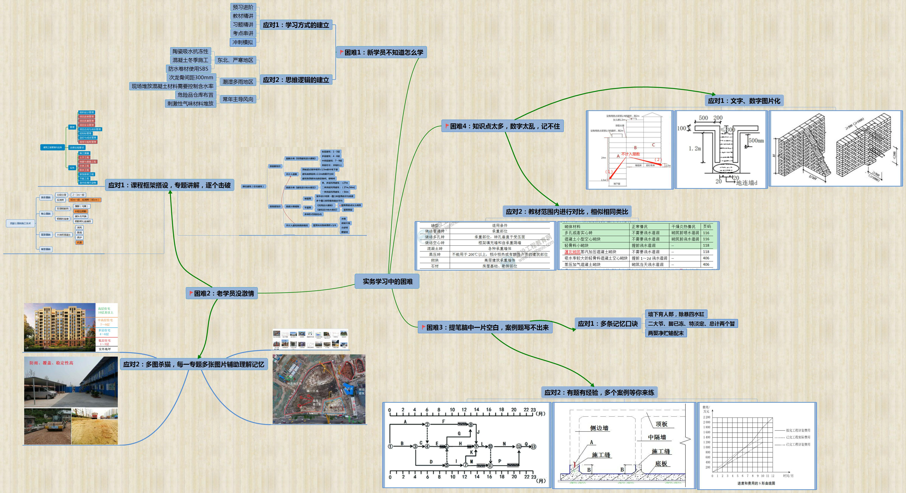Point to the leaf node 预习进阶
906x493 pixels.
pyautogui.click(x=243, y=7)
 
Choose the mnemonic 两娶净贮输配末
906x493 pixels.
pyautogui.click(x=666, y=333)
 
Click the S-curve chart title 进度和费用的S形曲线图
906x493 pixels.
pyautogui.click(x=756, y=483)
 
